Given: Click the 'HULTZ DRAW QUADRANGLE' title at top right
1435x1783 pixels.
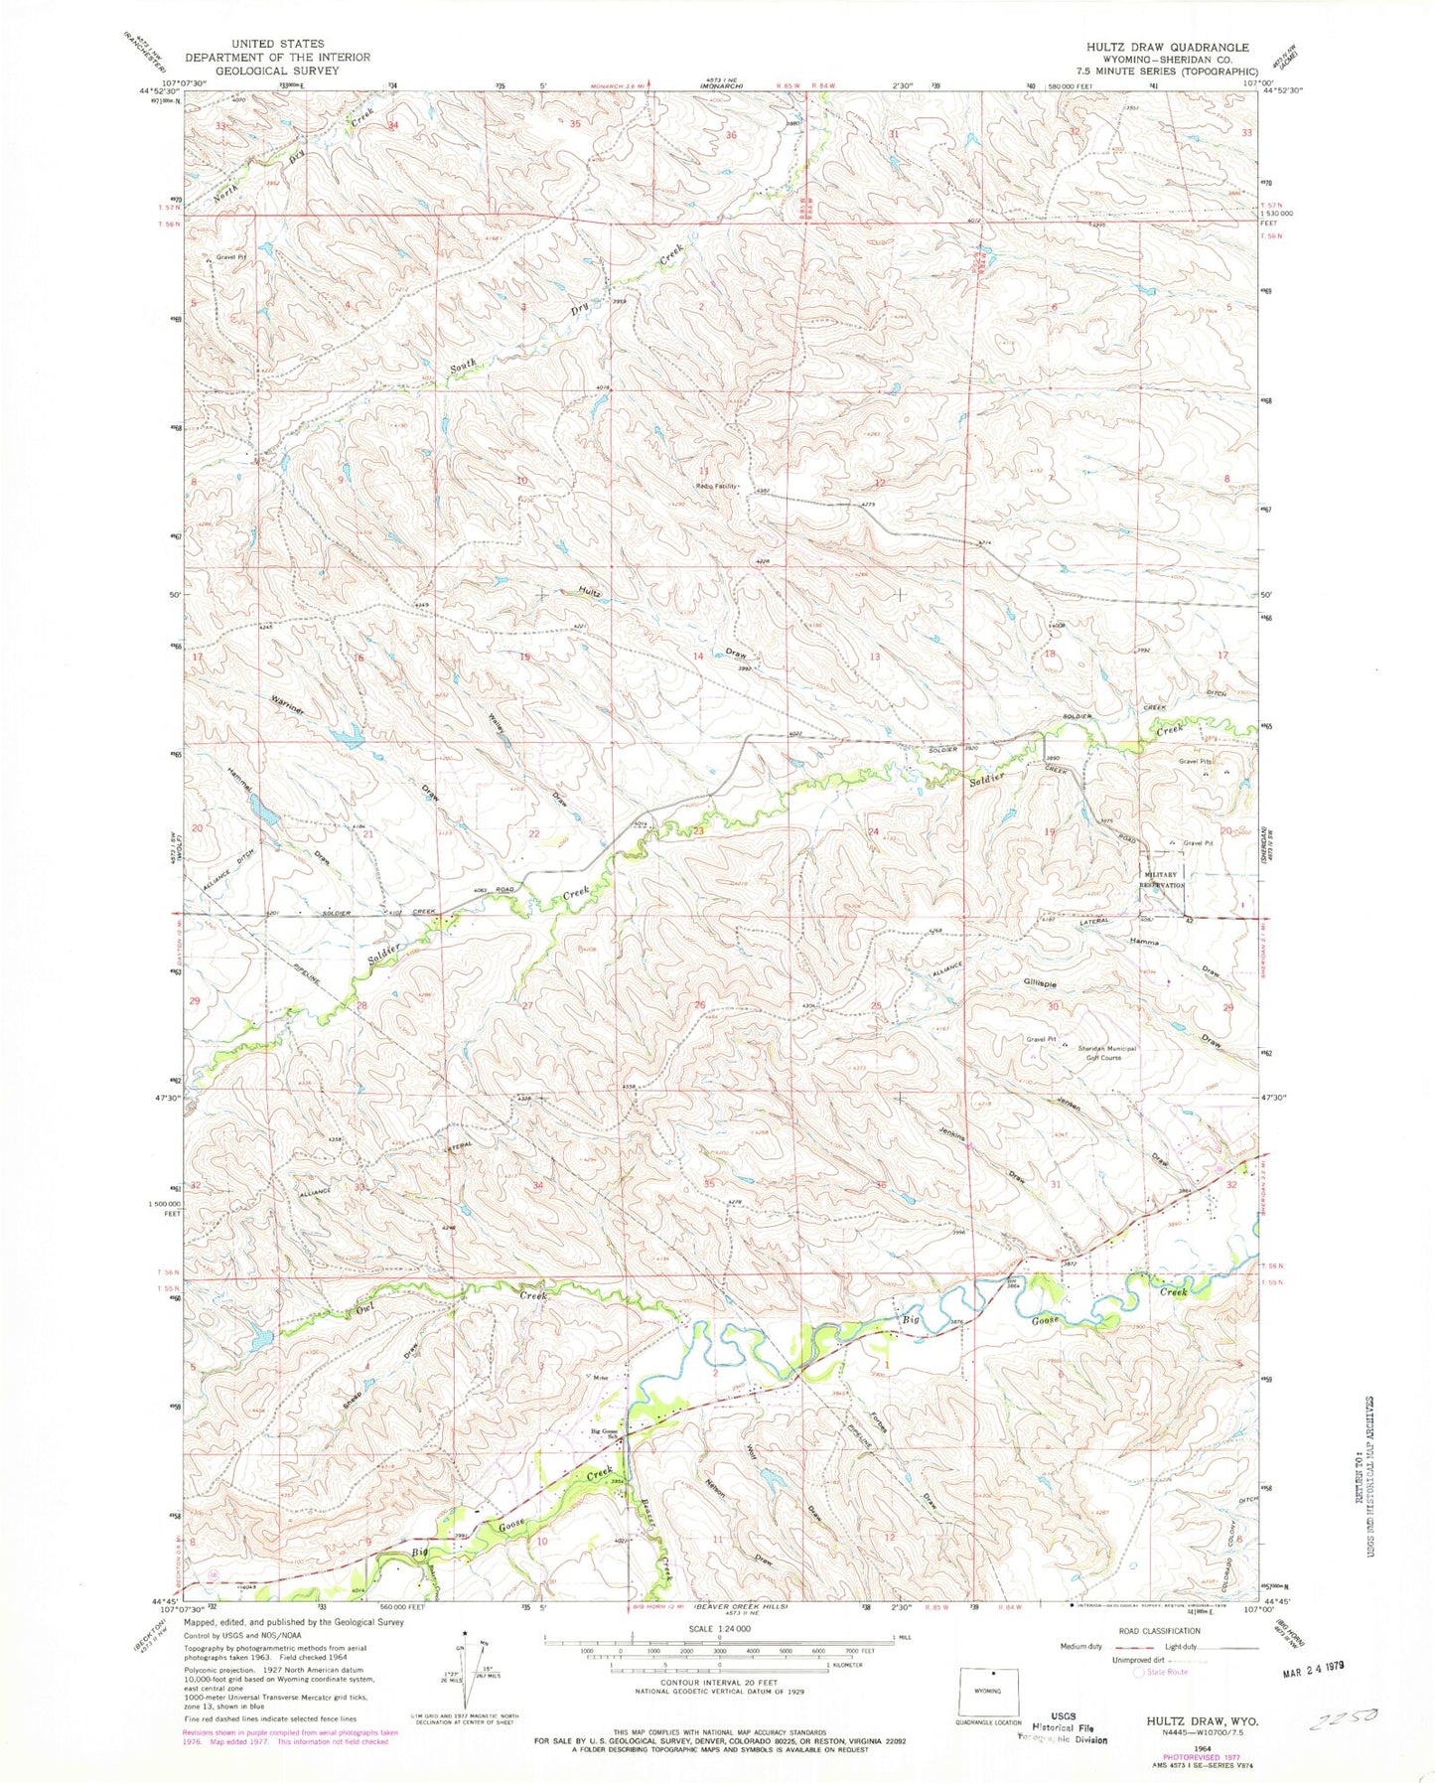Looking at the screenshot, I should (x=1175, y=47).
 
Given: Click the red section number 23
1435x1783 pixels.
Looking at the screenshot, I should (x=698, y=830).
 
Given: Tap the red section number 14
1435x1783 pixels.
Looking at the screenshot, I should (x=698, y=657).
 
